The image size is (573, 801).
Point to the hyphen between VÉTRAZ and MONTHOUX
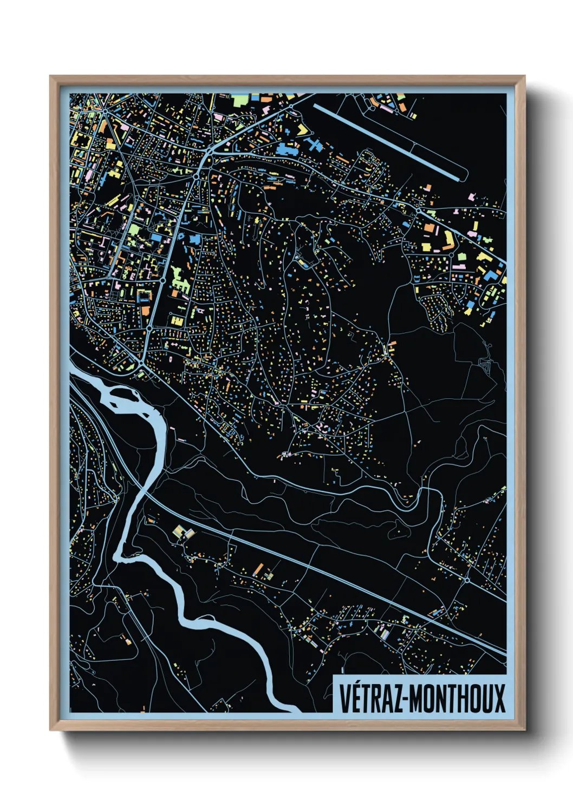[406, 699]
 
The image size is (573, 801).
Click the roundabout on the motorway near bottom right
[467, 580]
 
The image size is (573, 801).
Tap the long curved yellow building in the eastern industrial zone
[449, 239]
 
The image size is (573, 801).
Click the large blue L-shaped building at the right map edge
[492, 273]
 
